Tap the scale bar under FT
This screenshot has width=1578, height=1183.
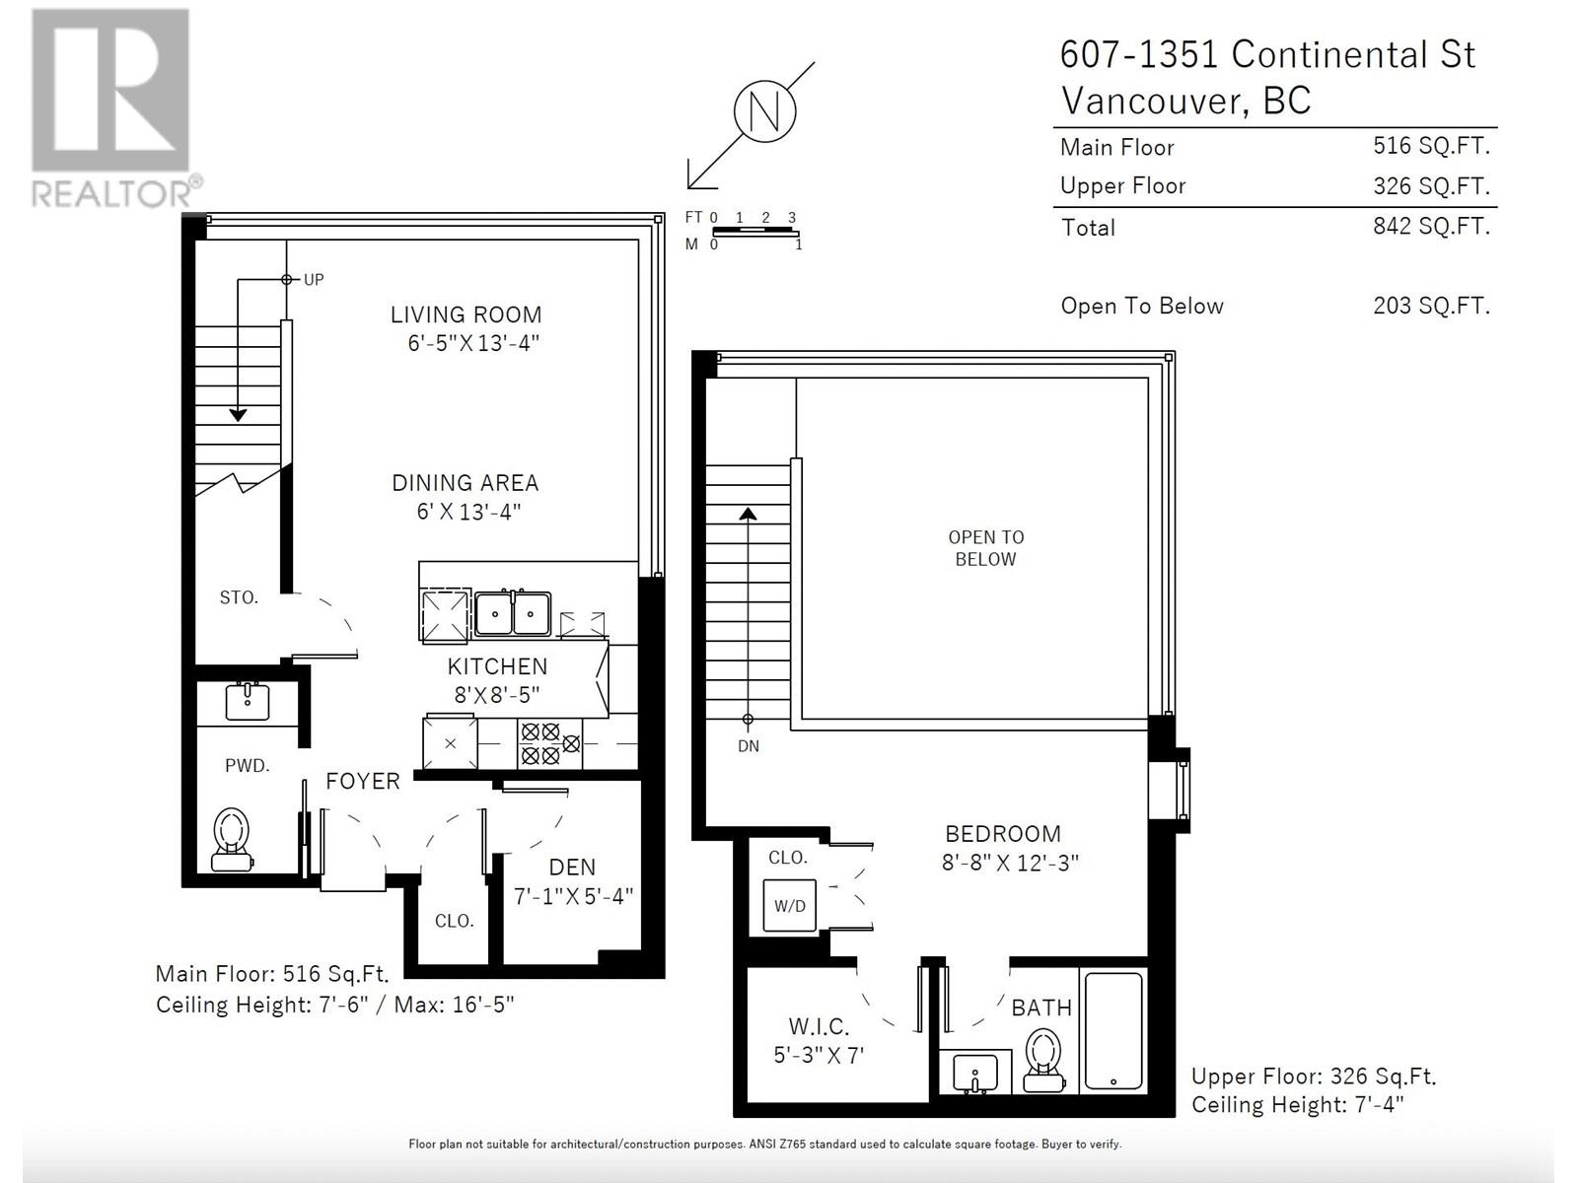[x=753, y=231]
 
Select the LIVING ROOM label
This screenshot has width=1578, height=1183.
[x=466, y=314]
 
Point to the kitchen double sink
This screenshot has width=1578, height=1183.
[x=513, y=614]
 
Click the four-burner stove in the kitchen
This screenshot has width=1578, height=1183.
[x=539, y=743]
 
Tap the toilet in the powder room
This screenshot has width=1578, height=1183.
[x=232, y=838]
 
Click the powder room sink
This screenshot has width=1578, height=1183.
[x=247, y=702]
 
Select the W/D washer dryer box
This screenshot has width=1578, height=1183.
[x=790, y=906]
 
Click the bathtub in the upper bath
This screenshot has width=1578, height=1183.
[x=1113, y=1030]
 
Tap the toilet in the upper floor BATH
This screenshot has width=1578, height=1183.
[x=1043, y=1059]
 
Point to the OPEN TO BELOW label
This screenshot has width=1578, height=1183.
[x=985, y=548]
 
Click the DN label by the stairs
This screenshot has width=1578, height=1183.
[x=749, y=746]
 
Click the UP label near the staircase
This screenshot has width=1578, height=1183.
[x=314, y=280]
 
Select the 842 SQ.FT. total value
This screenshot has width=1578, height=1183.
[x=1431, y=226]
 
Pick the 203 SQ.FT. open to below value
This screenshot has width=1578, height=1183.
[x=1431, y=306]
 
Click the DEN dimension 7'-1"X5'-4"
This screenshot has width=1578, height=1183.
[x=573, y=896]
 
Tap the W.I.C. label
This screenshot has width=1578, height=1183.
[x=819, y=1026]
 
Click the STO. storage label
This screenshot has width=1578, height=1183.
[x=239, y=597]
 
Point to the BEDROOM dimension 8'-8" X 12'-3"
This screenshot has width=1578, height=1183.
[x=1010, y=863]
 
